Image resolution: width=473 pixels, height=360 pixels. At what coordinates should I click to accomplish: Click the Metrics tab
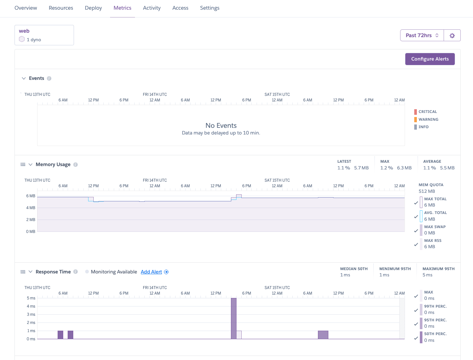[122, 8]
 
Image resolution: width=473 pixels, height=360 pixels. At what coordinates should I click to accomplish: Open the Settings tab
[210, 8]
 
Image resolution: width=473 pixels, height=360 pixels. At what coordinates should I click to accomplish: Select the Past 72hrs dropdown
[422, 35]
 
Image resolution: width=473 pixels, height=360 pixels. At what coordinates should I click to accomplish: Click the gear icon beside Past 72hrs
[452, 35]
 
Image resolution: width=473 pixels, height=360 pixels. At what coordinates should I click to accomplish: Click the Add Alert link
[151, 272]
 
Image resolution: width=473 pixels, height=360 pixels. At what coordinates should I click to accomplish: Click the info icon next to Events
[49, 78]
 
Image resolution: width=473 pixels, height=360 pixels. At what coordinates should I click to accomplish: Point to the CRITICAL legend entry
[427, 112]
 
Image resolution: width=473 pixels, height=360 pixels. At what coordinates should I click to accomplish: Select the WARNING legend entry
[428, 120]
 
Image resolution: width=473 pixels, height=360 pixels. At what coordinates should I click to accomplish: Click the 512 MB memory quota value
[427, 191]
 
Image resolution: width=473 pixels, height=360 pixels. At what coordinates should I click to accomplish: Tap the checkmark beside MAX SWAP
[416, 231]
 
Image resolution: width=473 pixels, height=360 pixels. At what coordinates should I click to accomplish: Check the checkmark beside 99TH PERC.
[416, 310]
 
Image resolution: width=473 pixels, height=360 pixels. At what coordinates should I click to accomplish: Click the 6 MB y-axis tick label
[30, 196]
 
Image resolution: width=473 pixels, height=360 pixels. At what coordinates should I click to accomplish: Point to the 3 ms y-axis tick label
[31, 314]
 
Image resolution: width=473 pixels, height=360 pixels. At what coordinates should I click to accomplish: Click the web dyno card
[44, 35]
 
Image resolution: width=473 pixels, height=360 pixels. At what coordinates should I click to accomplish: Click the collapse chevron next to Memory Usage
[30, 165]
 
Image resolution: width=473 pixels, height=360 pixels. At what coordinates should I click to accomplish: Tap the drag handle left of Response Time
[23, 272]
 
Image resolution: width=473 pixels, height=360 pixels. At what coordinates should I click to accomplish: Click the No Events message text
[221, 126]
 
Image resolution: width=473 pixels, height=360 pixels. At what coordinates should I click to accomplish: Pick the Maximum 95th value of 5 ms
[427, 275]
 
